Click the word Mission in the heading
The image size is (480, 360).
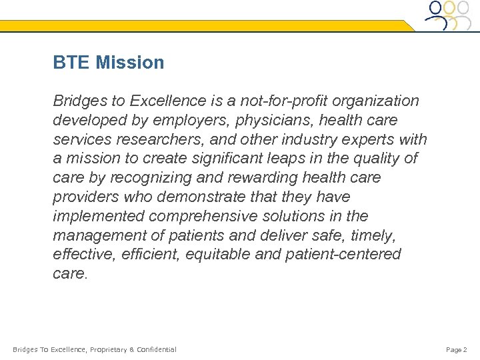[130, 63]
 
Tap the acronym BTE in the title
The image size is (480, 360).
[72, 63]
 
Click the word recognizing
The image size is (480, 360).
[145, 179]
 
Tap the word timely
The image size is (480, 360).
[379, 236]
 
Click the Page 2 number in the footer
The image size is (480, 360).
[456, 349]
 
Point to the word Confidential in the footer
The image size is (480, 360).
[157, 349]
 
